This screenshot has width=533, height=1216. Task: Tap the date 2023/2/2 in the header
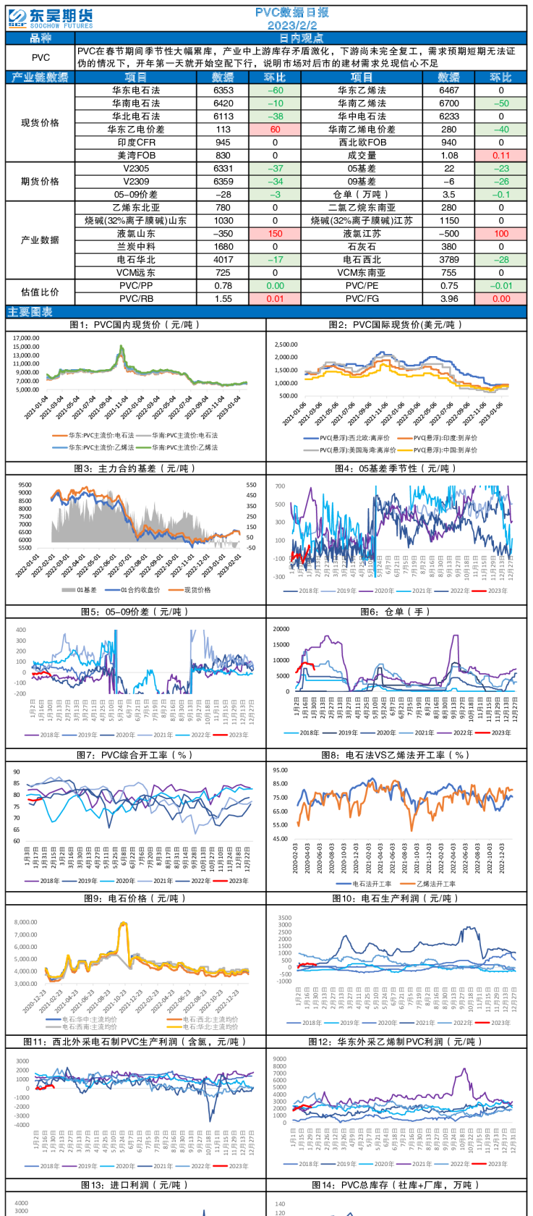pyautogui.click(x=292, y=25)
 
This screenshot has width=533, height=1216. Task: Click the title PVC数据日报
pyautogui.click(x=292, y=12)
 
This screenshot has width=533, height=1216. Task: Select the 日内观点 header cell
pyautogui.click(x=301, y=38)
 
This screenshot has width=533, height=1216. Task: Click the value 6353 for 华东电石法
pyautogui.click(x=223, y=90)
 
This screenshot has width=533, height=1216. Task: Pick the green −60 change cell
pyautogui.click(x=275, y=90)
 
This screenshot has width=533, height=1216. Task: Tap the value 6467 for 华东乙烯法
pyautogui.click(x=449, y=90)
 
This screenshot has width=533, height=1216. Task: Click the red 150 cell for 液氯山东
pyautogui.click(x=275, y=234)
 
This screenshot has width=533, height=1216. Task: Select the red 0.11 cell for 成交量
pyautogui.click(x=500, y=156)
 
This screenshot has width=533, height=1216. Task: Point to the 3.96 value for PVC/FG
pyautogui.click(x=449, y=298)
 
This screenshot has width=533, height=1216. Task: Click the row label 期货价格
pyautogui.click(x=40, y=182)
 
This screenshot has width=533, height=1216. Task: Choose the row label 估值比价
pyautogui.click(x=40, y=292)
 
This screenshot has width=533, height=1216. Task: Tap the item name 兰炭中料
pyautogui.click(x=136, y=247)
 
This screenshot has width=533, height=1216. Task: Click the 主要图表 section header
pyautogui.click(x=30, y=312)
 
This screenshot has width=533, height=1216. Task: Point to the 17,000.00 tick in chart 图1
pyautogui.click(x=26, y=338)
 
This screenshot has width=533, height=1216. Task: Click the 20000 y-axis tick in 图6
pyautogui.click(x=281, y=629)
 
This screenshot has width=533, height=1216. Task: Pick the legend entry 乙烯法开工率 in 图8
pyautogui.click(x=436, y=884)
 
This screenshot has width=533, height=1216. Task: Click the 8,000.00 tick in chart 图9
pyautogui.click(x=26, y=922)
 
